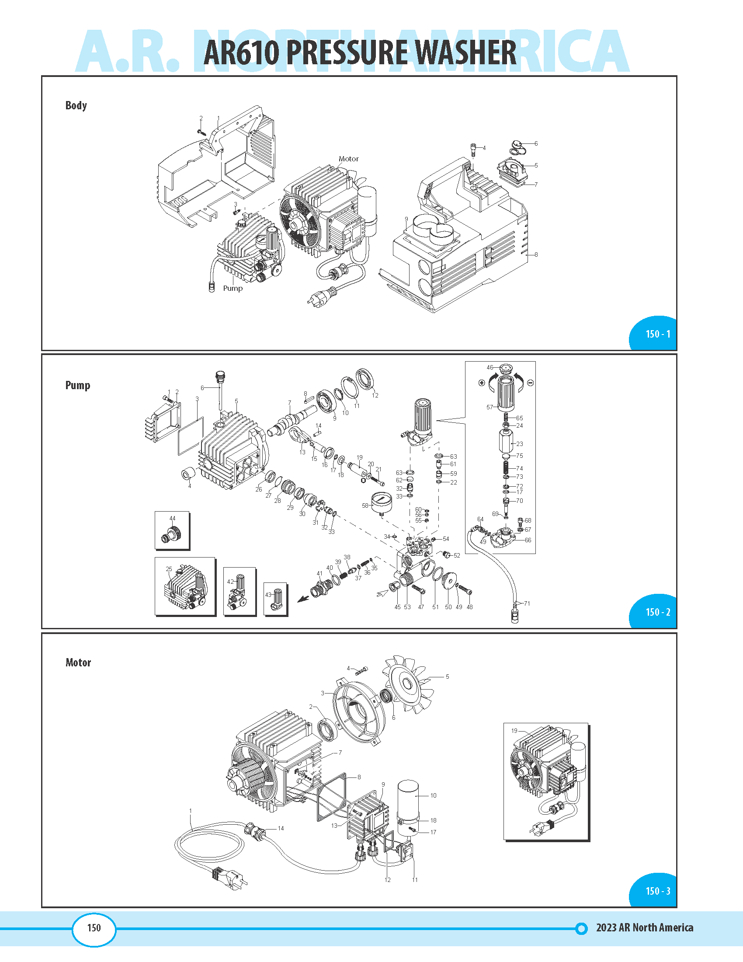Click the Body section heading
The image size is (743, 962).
coord(76,105)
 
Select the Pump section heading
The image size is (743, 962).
coord(78,385)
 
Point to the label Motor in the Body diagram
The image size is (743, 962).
coord(348,159)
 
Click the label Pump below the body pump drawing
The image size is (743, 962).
coord(233,288)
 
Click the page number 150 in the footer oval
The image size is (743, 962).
coord(94,927)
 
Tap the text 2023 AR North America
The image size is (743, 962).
coord(644,927)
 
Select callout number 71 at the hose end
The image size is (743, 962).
coord(527,603)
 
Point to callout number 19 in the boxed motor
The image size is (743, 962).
coord(514,730)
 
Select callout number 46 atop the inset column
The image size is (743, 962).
coord(490,367)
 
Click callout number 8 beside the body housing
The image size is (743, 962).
coord(536,254)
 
